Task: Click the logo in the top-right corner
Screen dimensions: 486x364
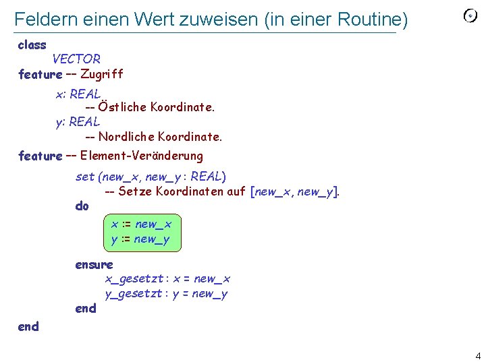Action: (470, 16)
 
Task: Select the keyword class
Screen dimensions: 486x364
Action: (32, 45)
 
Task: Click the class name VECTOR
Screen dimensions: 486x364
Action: (76, 59)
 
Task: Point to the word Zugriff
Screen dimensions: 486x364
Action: (101, 74)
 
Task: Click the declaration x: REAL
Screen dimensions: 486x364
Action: (78, 94)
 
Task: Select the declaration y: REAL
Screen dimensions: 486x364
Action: (78, 122)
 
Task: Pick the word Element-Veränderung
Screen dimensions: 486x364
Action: (141, 156)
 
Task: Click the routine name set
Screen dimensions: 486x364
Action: (85, 177)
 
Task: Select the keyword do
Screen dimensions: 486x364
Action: (82, 206)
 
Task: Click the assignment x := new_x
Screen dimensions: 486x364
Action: (141, 224)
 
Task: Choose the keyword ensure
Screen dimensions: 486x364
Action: (94, 264)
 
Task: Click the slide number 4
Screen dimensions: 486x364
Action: (477, 356)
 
